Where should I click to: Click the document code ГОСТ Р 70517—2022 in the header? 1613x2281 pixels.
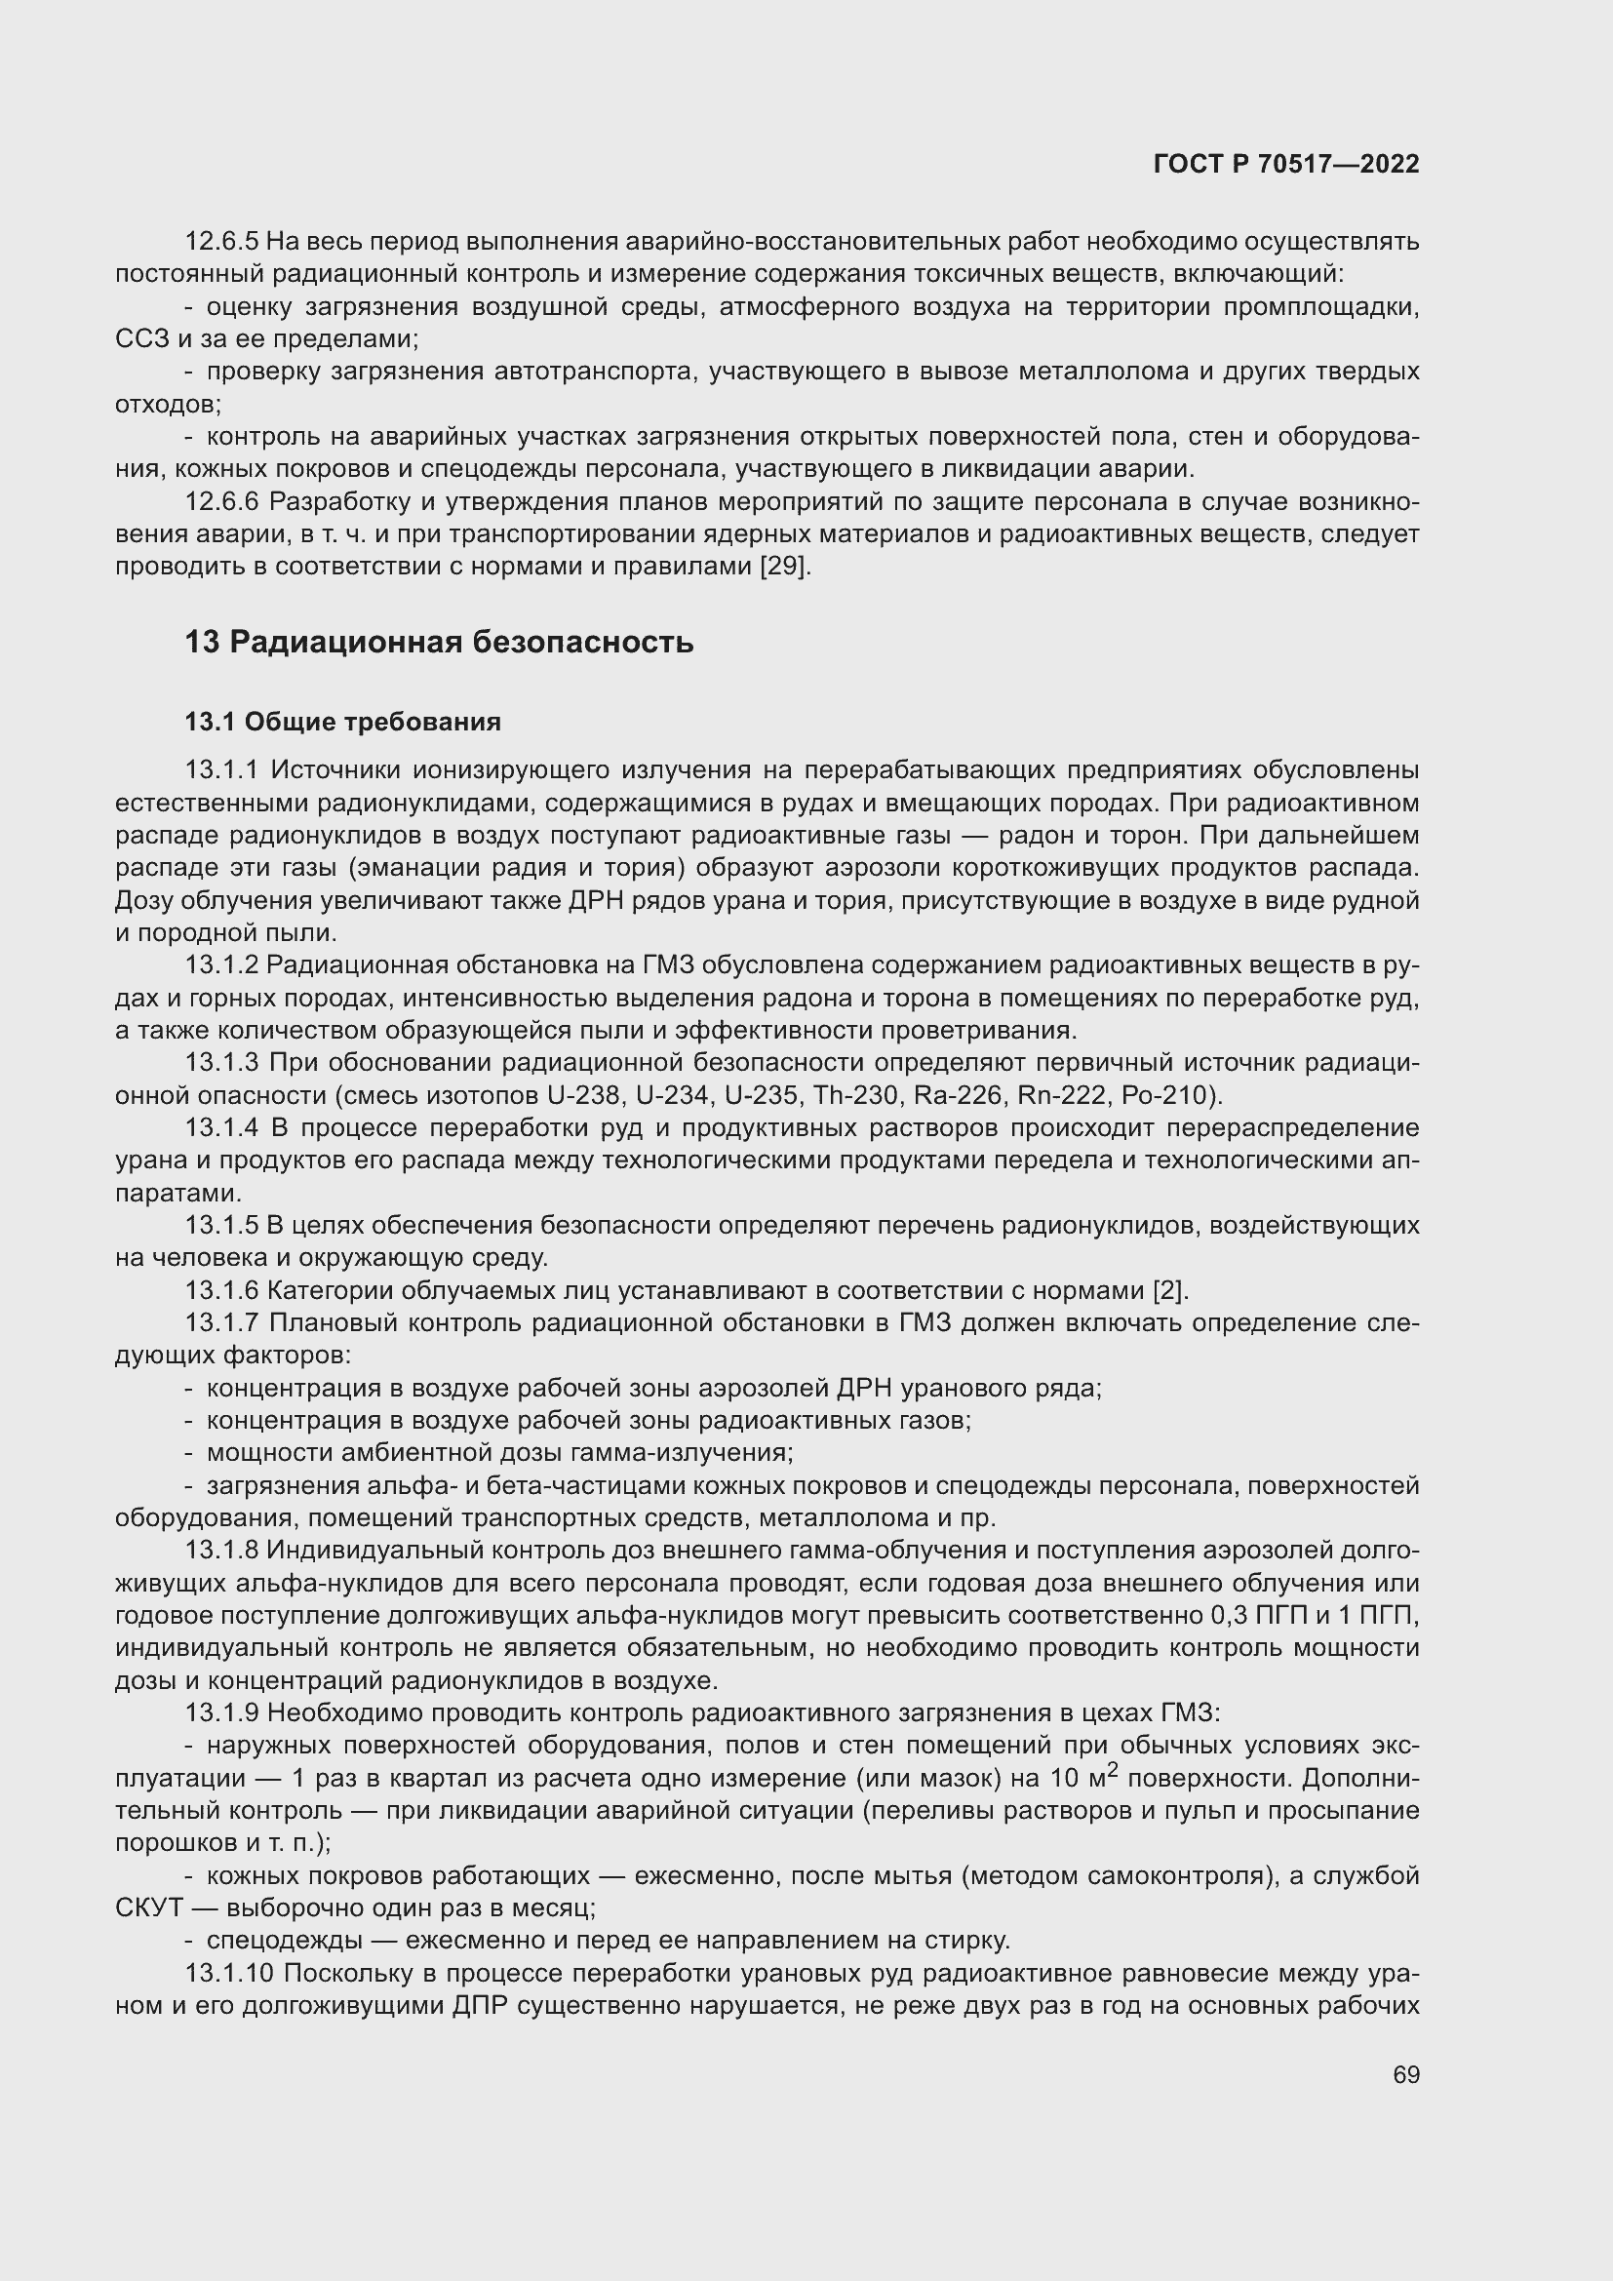[1286, 165]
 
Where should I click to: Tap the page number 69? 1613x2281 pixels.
[1405, 2074]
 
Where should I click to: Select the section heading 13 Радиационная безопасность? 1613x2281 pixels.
[439, 643]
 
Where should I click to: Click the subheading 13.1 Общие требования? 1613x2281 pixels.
[342, 723]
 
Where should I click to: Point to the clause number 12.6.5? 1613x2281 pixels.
[221, 242]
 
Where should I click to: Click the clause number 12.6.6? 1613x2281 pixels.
[221, 502]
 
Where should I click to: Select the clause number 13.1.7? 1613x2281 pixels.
[221, 1323]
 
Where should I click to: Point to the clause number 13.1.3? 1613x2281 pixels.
[221, 1063]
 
